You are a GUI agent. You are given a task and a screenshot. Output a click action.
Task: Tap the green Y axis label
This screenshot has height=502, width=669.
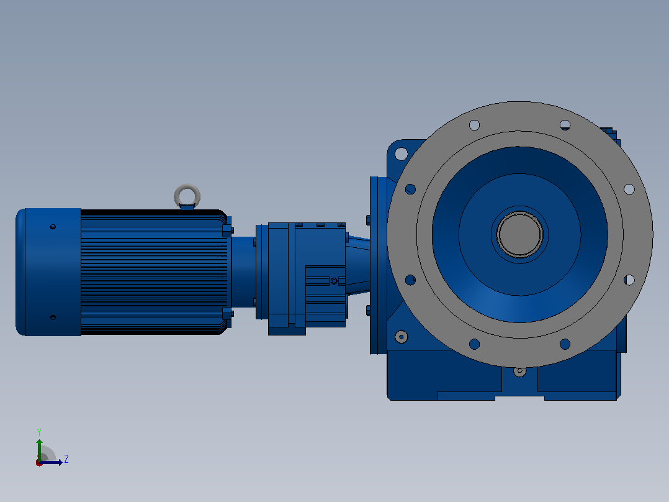tap(39, 432)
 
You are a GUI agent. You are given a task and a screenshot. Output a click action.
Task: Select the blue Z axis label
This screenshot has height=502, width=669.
tap(66, 459)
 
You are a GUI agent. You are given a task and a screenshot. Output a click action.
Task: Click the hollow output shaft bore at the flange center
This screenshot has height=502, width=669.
tap(519, 234)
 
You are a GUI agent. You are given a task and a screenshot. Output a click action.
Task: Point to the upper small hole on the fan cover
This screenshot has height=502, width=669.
tap(53, 226)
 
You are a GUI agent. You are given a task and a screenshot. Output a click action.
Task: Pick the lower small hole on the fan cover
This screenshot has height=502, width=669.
tap(53, 317)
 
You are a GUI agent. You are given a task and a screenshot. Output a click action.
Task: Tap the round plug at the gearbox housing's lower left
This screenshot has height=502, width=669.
tap(401, 337)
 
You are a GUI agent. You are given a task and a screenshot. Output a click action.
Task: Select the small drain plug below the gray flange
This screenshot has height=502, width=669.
tap(519, 372)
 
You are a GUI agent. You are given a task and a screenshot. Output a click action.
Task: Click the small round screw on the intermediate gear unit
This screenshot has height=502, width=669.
tap(334, 281)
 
